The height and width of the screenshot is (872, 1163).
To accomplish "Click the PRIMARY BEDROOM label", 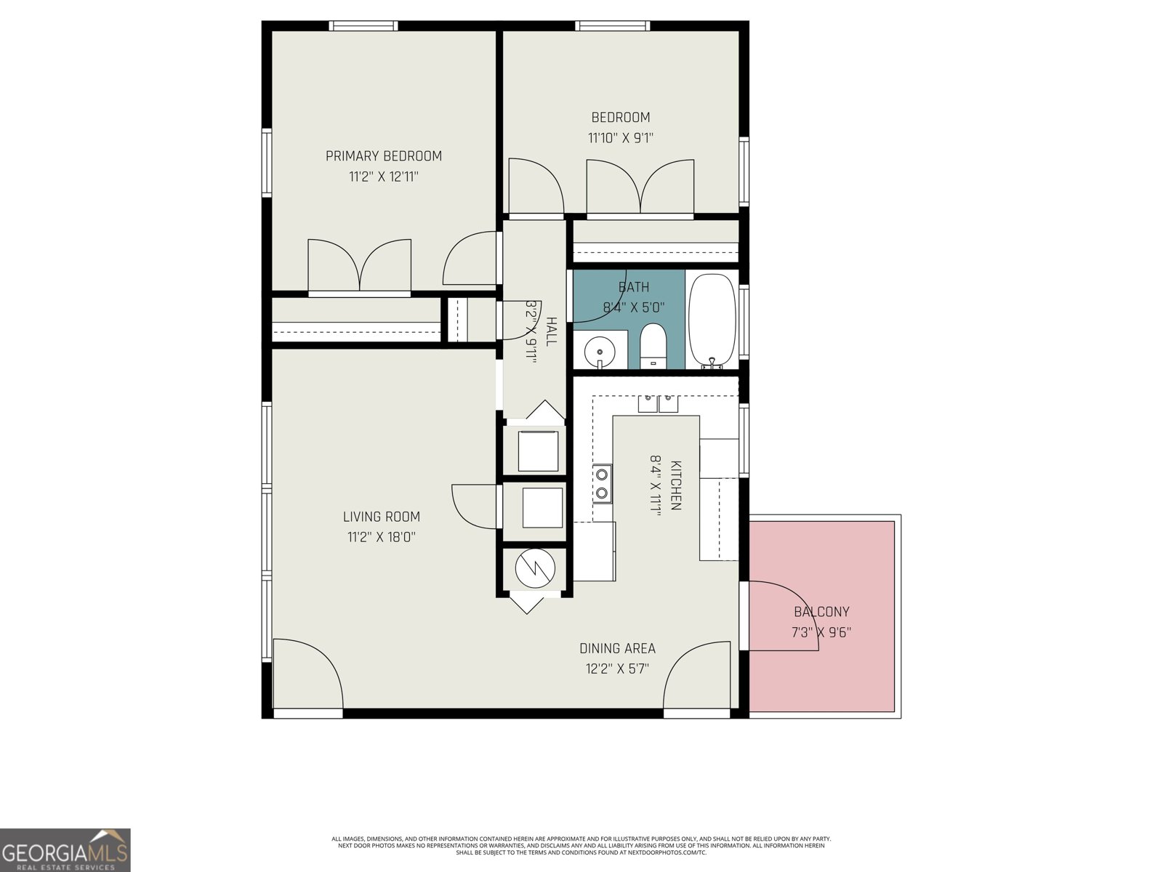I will click(383, 156).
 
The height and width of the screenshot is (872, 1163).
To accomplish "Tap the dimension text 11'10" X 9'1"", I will click(620, 137).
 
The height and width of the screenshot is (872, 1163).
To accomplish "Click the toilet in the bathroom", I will click(653, 347).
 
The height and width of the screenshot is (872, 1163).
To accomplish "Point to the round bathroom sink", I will click(600, 350).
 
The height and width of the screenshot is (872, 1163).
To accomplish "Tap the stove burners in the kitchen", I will click(602, 484).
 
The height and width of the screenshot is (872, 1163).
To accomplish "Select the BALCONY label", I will click(821, 612).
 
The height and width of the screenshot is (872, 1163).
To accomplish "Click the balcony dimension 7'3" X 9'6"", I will click(821, 632).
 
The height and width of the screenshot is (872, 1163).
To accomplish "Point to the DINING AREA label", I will click(617, 648).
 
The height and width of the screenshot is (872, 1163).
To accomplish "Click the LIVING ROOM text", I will click(382, 517).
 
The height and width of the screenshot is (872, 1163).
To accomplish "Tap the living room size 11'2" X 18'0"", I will click(382, 538).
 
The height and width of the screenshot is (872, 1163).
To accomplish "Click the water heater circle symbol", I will click(534, 568).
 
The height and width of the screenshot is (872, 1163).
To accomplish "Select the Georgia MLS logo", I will click(65, 849).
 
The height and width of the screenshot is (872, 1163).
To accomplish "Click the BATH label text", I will click(634, 287).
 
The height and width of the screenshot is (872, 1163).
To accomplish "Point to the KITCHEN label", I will click(675, 485).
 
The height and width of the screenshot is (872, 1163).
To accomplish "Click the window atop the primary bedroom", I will click(363, 26).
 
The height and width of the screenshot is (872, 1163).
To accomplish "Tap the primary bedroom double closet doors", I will click(359, 267).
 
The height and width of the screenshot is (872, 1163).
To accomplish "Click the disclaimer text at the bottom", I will click(581, 845).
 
